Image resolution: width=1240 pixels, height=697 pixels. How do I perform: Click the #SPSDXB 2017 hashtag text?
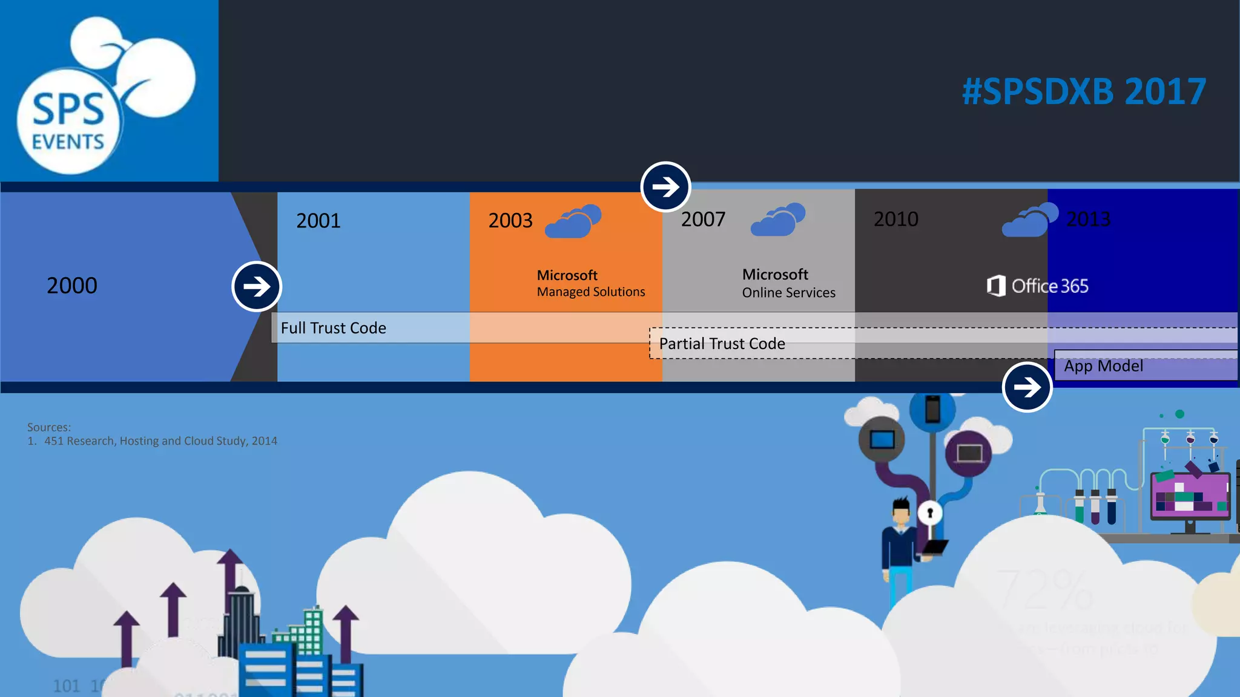point(1084,92)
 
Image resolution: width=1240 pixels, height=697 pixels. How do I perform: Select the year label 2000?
point(72,286)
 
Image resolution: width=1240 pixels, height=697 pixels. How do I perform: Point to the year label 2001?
point(318,221)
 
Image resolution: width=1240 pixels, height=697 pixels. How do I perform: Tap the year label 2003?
point(510,221)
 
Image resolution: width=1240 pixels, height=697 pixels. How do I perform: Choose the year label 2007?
point(703,220)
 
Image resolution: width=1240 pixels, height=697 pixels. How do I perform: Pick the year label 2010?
point(895,219)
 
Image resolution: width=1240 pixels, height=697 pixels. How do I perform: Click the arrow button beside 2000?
point(257,286)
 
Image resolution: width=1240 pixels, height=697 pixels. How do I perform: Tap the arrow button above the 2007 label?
point(665,186)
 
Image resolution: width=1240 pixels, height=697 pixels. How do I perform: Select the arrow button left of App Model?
point(1027,387)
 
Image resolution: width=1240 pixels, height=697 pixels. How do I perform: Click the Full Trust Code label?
point(333,328)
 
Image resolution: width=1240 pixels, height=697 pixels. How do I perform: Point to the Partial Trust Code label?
point(722,344)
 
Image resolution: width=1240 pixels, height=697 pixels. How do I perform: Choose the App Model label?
point(1103,366)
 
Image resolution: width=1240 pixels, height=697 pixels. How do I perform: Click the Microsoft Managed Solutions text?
point(590,283)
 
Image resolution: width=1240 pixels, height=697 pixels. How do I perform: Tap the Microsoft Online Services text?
point(788,283)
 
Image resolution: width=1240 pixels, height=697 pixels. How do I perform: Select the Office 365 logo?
point(1037,286)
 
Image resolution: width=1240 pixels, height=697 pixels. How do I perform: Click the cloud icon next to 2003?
point(573,221)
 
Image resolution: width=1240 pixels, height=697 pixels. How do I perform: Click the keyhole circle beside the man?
point(930,513)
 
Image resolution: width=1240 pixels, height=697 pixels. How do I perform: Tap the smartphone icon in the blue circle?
point(932,410)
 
